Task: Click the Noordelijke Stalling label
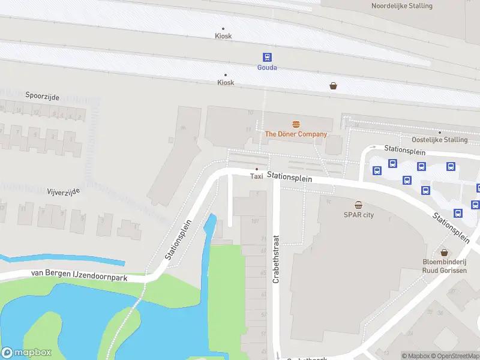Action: [402, 5]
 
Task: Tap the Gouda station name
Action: [267, 67]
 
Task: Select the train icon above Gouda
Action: [267, 57]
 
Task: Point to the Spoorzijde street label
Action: [43, 95]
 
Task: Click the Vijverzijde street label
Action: [63, 191]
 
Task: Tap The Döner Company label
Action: [296, 134]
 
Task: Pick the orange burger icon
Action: [296, 124]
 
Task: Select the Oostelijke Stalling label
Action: [440, 140]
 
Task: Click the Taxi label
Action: [257, 176]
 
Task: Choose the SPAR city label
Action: [358, 215]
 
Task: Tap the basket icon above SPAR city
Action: [358, 205]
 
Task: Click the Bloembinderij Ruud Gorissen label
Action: [445, 266]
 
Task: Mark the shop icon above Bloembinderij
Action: [445, 253]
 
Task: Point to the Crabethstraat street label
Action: [277, 260]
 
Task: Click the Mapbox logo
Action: [26, 353]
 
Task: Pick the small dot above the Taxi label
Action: [257, 169]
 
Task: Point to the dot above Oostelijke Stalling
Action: [440, 132]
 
